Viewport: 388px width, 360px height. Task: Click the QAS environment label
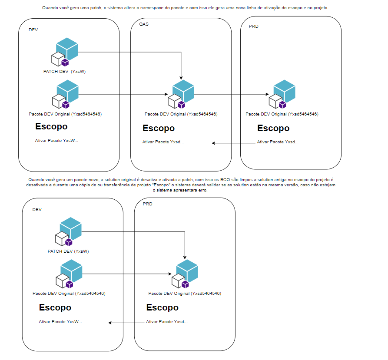pyautogui.click(x=144, y=24)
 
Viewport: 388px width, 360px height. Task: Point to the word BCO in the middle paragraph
pyautogui.click(x=225, y=180)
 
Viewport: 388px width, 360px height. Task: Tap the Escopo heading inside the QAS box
pyautogui.click(x=159, y=128)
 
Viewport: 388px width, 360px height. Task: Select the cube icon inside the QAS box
pyautogui.click(x=181, y=94)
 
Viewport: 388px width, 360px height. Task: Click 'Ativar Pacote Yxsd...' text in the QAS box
pyautogui.click(x=163, y=142)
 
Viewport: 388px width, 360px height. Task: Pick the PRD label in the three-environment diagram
pyautogui.click(x=254, y=26)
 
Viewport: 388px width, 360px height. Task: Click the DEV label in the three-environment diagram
pyautogui.click(x=33, y=30)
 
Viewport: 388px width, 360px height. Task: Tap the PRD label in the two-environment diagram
pyautogui.click(x=147, y=204)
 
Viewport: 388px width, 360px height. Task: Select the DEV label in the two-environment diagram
pyautogui.click(x=37, y=210)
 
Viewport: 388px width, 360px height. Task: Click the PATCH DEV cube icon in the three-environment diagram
pyautogui.click(x=65, y=52)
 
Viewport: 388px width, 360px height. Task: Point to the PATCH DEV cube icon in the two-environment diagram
pyautogui.click(x=68, y=231)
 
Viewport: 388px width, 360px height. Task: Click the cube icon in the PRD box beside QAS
pyautogui.click(x=282, y=94)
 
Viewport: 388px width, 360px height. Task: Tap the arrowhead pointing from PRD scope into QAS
pyautogui.click(x=213, y=143)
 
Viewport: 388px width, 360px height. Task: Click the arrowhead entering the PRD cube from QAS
pyautogui.click(x=267, y=94)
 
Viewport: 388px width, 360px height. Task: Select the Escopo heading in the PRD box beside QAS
pyautogui.click(x=273, y=128)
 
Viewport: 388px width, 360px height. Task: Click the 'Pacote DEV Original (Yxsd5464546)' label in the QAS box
pyautogui.click(x=181, y=114)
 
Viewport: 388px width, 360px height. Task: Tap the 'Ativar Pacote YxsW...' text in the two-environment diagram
pyautogui.click(x=60, y=322)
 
